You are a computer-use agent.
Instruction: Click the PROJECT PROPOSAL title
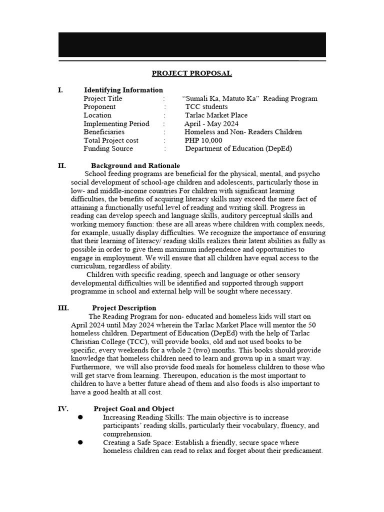point(191,73)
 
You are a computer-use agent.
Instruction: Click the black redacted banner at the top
point(192,45)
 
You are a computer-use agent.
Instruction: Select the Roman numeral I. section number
point(60,90)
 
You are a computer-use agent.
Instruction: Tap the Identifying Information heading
point(123,90)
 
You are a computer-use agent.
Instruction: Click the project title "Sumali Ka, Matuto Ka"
point(249,98)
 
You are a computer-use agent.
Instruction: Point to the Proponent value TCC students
point(206,107)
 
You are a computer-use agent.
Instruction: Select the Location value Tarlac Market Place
point(216,115)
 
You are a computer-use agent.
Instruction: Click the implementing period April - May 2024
point(211,124)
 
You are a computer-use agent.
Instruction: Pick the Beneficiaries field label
point(104,132)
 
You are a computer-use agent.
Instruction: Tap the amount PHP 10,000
point(203,140)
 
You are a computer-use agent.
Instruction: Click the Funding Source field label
point(108,148)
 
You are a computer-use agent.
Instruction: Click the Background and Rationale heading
point(135,165)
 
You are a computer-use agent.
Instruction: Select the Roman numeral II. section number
point(62,165)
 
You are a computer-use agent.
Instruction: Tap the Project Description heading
point(124,308)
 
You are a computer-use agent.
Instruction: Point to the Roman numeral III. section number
point(63,308)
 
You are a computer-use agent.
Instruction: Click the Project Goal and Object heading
point(134,409)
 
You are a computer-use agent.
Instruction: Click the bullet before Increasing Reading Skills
point(80,417)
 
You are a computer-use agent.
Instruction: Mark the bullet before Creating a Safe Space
point(80,442)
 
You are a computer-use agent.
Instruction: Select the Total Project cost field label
point(111,140)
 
